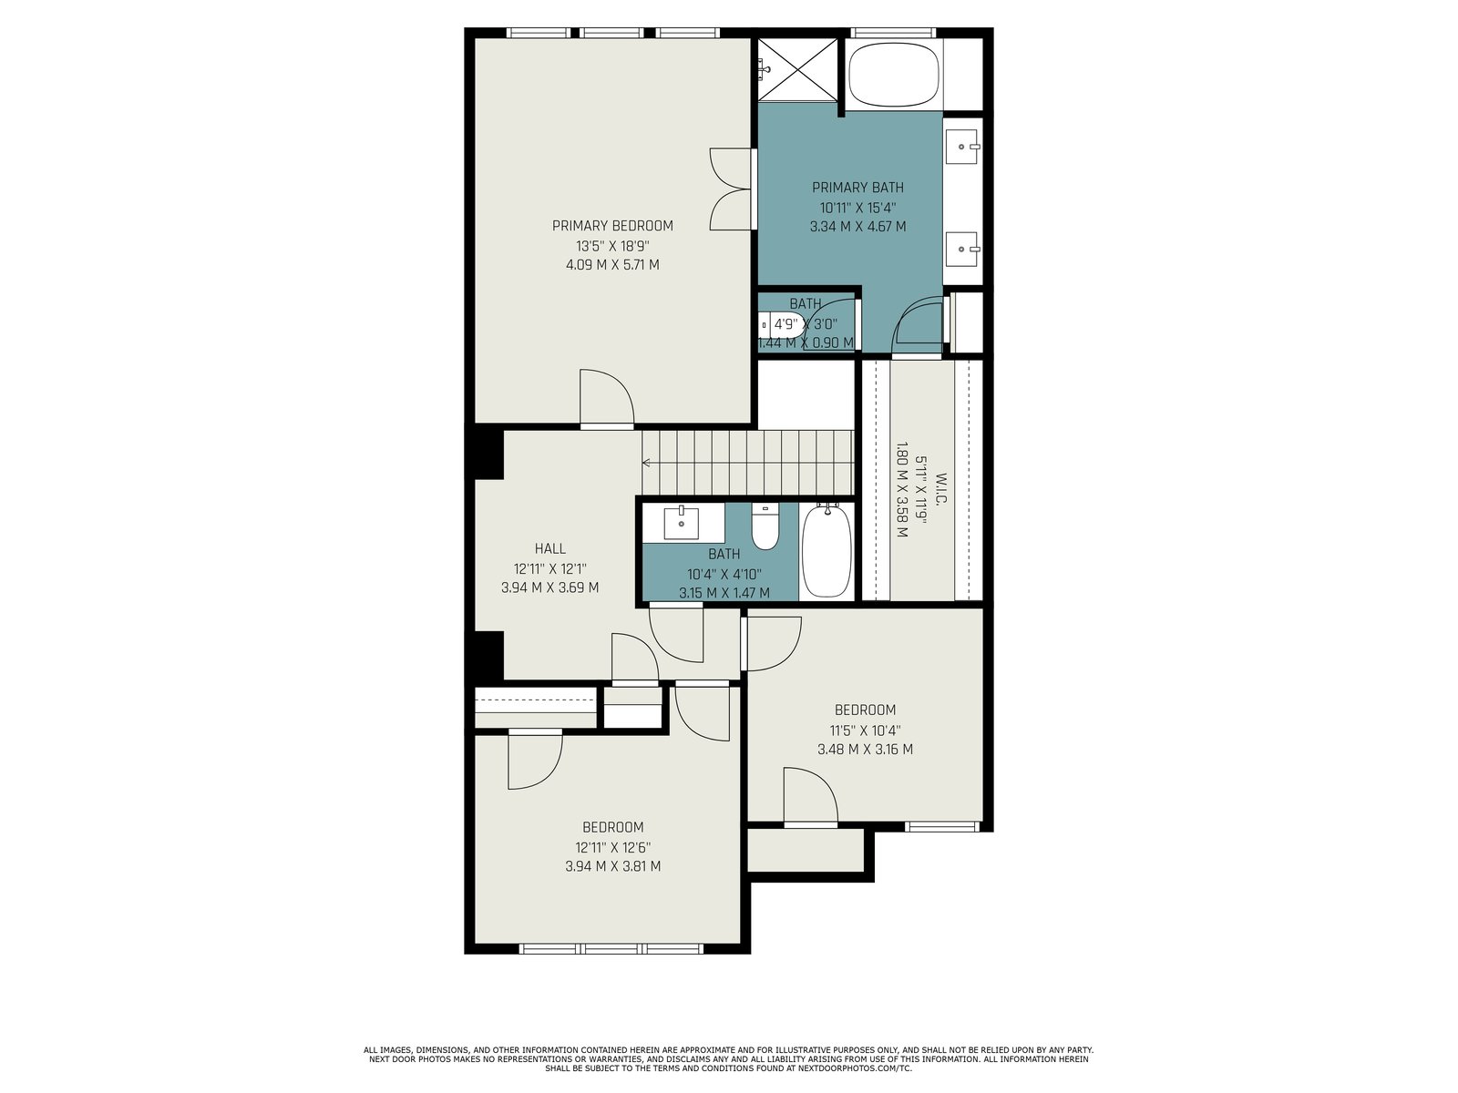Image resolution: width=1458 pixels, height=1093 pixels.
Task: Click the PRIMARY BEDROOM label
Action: (x=612, y=226)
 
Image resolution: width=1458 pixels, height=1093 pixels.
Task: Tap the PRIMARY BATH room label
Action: (x=857, y=187)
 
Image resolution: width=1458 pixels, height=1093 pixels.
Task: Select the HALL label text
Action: (x=550, y=548)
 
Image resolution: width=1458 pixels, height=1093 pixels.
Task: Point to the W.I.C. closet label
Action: (x=939, y=490)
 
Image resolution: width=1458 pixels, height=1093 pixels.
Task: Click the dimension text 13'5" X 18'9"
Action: (x=612, y=246)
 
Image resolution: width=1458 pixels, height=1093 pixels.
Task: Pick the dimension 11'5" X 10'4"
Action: (x=865, y=730)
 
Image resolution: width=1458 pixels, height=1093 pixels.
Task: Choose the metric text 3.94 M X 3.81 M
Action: (x=612, y=865)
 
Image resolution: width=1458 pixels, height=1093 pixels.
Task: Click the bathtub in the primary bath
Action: (x=894, y=75)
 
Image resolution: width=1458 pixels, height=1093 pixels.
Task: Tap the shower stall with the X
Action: (x=797, y=70)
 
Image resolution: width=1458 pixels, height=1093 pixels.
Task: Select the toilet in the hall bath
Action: (x=765, y=526)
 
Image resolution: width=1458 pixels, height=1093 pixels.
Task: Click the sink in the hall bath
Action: (x=682, y=523)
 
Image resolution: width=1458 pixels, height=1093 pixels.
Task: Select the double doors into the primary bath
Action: (x=732, y=189)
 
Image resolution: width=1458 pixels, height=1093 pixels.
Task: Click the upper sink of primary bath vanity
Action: (x=961, y=146)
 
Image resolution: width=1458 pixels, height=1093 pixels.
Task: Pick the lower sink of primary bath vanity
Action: (x=961, y=249)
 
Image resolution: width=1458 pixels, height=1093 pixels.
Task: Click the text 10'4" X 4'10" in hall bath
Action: (x=724, y=574)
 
